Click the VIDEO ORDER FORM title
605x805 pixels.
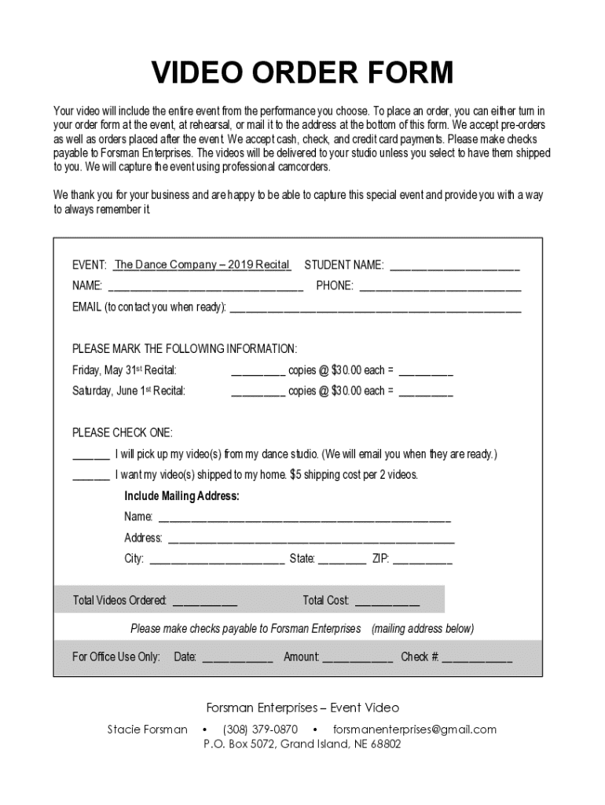302,73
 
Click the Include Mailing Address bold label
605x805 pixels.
181,496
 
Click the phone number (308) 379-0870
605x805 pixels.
260,729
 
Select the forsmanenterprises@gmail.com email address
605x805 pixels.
415,729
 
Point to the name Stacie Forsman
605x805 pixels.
147,729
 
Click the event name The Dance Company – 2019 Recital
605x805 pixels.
202,265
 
